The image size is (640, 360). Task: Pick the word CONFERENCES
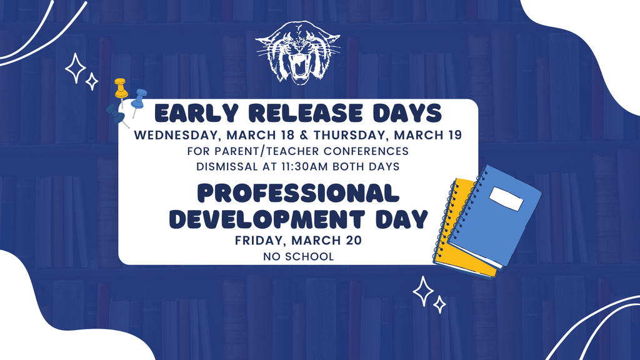coord(367,151)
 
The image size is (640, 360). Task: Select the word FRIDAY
coord(258,241)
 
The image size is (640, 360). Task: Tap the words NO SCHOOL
coord(298,256)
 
